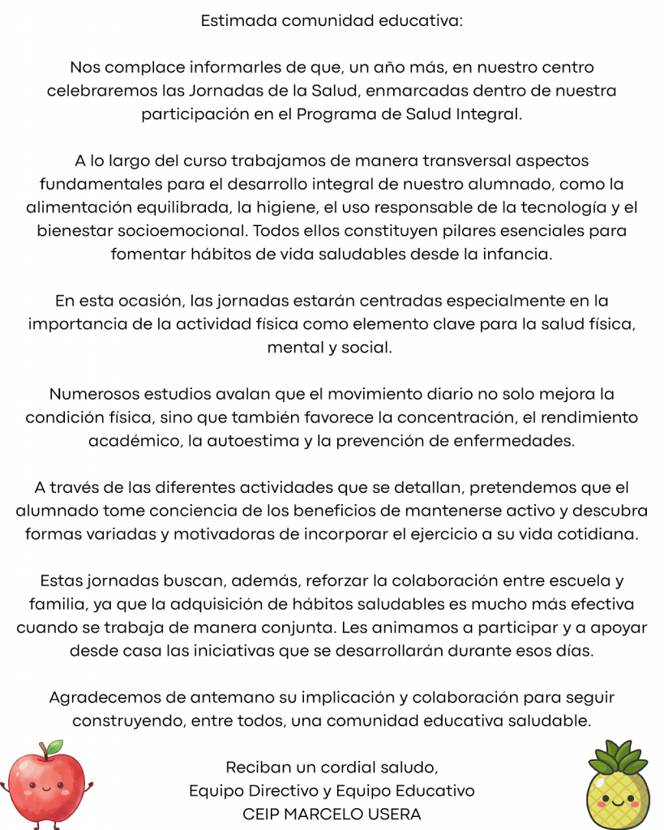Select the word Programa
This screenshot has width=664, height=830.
point(331,114)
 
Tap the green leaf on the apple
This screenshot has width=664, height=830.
point(54,746)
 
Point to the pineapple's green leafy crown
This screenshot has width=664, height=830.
point(618,758)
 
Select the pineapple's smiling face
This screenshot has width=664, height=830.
point(617,802)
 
